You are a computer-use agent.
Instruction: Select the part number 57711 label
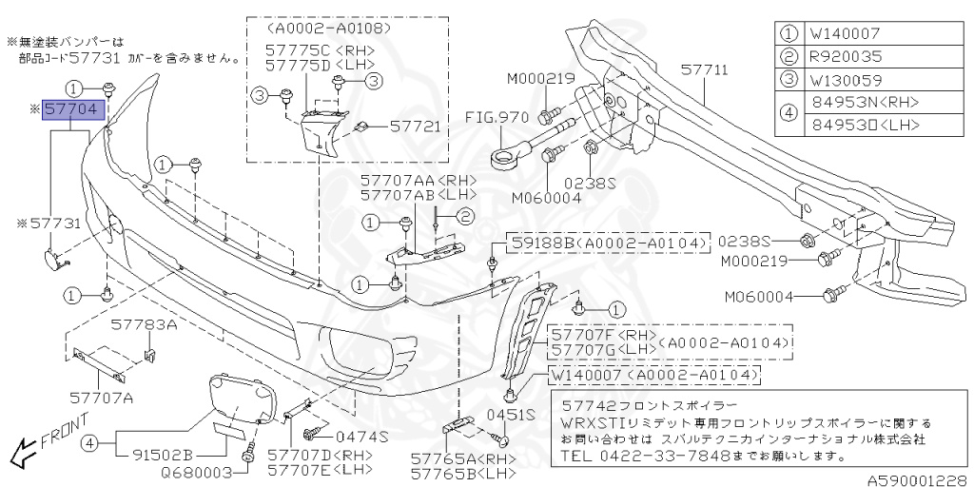(x=704, y=70)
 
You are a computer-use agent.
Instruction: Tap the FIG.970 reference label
(x=498, y=118)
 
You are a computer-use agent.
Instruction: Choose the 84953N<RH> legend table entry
(x=858, y=102)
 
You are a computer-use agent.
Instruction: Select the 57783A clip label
(x=143, y=324)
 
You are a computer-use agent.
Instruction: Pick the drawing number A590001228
(x=917, y=479)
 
